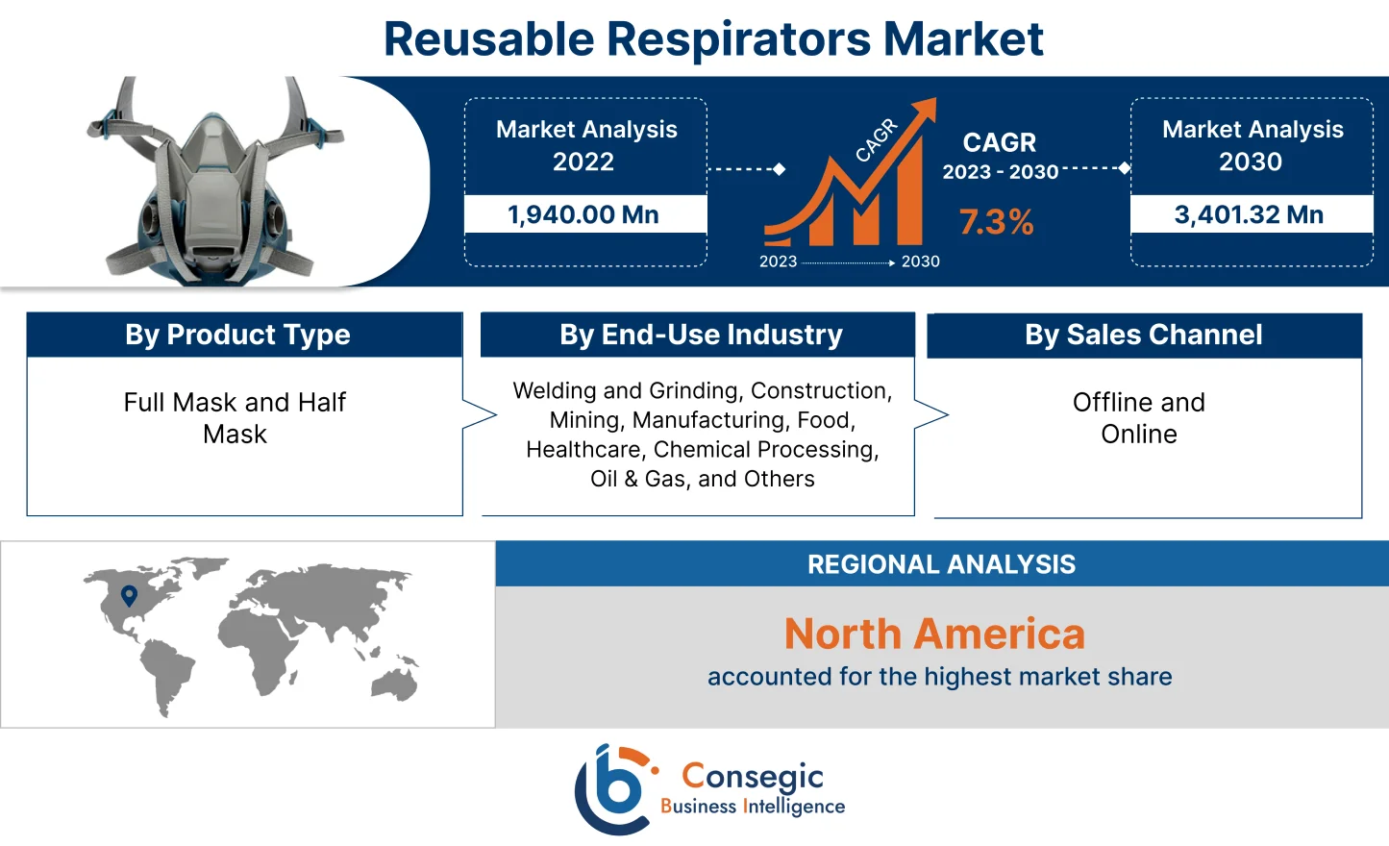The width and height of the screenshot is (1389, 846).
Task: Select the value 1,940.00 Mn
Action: pos(583,214)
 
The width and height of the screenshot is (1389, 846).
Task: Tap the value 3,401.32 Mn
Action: pos(1249,214)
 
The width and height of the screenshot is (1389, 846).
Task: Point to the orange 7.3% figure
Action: pos(996,222)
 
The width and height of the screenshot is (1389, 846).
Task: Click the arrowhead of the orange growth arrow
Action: pos(927,108)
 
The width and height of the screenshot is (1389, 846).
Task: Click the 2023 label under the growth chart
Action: pos(778,261)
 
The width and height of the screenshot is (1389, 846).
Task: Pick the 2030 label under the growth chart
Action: pos(920,261)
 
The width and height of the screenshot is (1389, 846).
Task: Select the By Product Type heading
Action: pos(237,335)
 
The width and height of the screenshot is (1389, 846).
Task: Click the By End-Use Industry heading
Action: pos(701,335)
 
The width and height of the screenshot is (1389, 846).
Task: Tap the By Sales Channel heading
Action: pos(1143,335)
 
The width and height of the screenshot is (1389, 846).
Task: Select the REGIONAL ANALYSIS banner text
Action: pos(941,564)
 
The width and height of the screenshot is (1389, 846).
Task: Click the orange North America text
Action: pos(934,634)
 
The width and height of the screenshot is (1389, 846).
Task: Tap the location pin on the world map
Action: pos(129,596)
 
